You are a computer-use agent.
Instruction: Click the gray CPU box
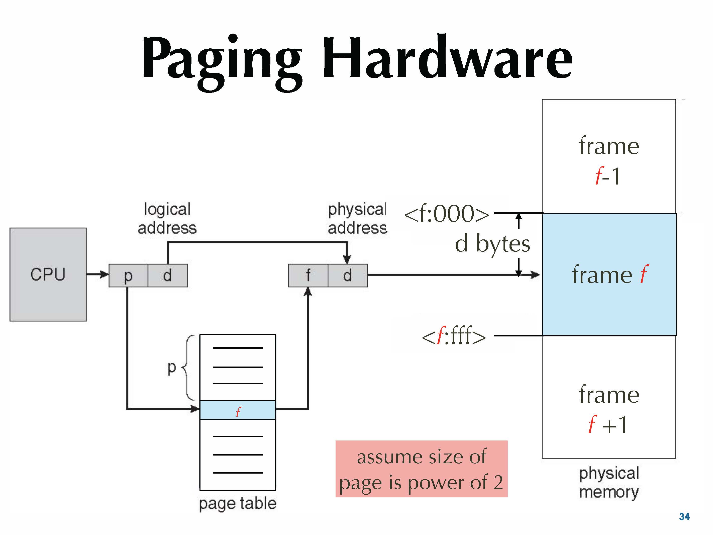click(48, 275)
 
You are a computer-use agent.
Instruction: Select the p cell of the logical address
click(128, 276)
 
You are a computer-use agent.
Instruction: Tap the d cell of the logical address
click(167, 276)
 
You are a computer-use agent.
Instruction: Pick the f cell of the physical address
click(308, 276)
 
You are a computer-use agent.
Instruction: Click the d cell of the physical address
click(347, 276)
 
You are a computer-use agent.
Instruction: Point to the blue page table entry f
click(238, 410)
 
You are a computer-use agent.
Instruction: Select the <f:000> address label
click(446, 214)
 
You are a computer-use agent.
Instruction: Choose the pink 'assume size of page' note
click(421, 469)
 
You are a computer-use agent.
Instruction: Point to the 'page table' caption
click(238, 503)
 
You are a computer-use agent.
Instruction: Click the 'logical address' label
click(167, 218)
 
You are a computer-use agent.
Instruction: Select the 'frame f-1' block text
click(609, 160)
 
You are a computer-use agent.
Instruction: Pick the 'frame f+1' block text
click(609, 409)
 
